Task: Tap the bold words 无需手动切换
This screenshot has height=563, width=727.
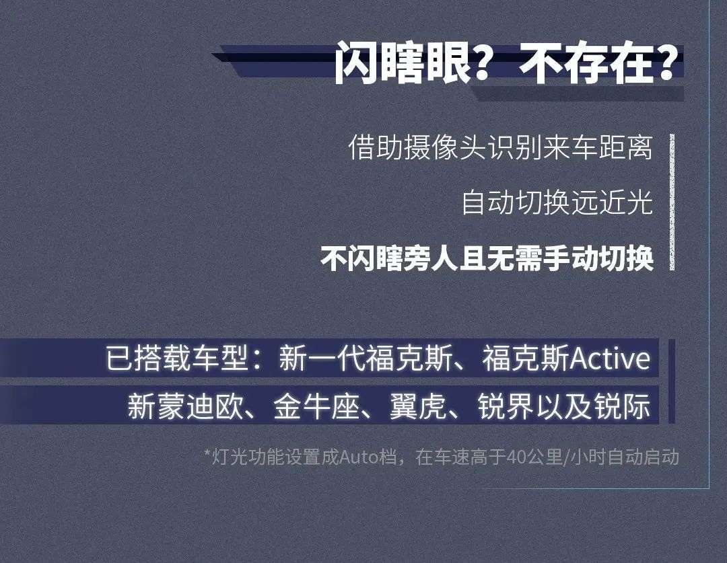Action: pyautogui.click(x=580, y=259)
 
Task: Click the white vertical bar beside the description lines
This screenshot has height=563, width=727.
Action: pyautogui.click(x=671, y=202)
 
